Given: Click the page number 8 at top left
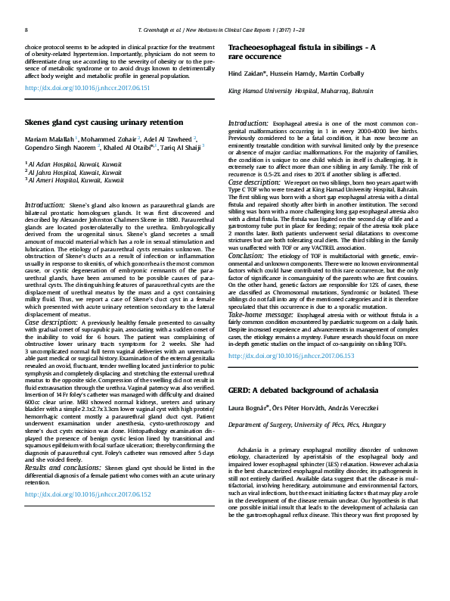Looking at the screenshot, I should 26,30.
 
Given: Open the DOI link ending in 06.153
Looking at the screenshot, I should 291,355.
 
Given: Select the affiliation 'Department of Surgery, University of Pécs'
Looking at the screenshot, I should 290,426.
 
